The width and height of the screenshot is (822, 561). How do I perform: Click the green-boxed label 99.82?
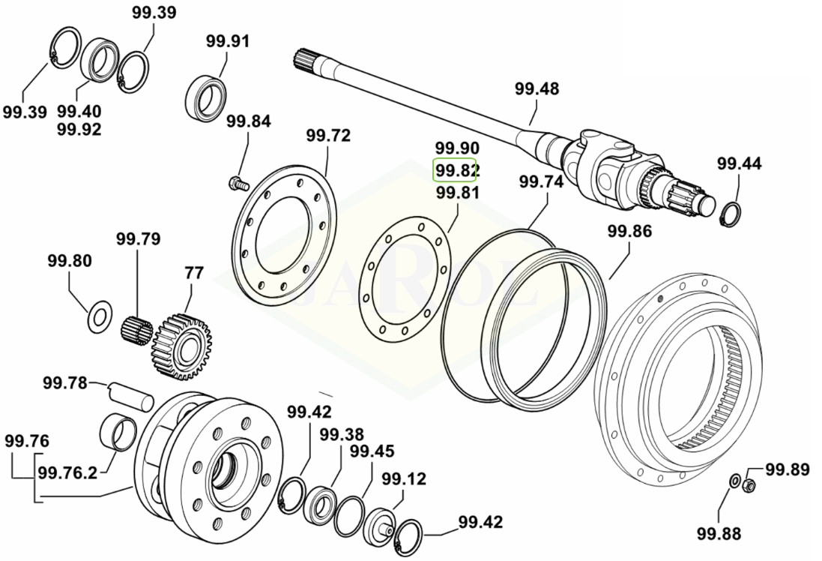tap(456, 171)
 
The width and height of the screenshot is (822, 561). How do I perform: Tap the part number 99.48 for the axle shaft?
tap(537, 88)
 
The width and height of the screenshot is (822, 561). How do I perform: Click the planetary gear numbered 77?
tap(181, 344)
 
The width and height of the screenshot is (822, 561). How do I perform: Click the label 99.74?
tap(541, 181)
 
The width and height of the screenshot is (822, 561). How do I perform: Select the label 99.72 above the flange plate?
tap(327, 136)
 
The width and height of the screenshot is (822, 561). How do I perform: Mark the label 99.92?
tap(79, 129)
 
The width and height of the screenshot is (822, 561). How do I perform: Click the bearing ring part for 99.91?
tap(205, 96)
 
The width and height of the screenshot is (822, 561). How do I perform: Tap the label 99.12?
tap(404, 478)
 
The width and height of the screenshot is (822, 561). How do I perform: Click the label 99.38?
tap(342, 434)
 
